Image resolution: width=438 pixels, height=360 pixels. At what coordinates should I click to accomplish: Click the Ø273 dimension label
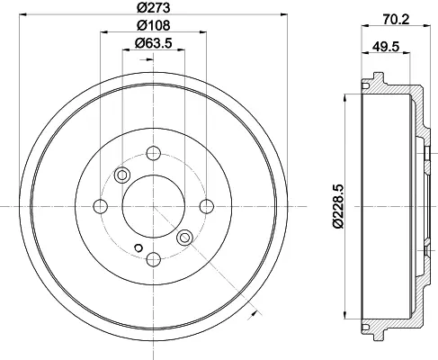[154, 7]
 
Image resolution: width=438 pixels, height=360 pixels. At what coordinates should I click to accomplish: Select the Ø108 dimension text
[154, 25]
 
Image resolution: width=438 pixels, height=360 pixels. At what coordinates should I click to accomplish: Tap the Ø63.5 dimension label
[154, 43]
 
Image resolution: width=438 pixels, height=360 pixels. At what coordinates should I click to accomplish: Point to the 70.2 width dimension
[396, 20]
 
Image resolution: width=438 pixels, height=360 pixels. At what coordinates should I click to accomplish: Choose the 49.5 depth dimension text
[386, 47]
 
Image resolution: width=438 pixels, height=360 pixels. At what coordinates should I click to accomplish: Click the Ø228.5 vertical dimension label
[338, 207]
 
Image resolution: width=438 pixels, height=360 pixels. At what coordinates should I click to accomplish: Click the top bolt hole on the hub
[154, 153]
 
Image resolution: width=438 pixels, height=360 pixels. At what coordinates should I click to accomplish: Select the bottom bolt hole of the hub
[154, 259]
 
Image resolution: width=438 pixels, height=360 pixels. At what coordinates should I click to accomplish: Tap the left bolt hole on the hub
[101, 206]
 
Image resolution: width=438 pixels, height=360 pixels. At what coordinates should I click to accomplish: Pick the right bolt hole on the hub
[207, 206]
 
